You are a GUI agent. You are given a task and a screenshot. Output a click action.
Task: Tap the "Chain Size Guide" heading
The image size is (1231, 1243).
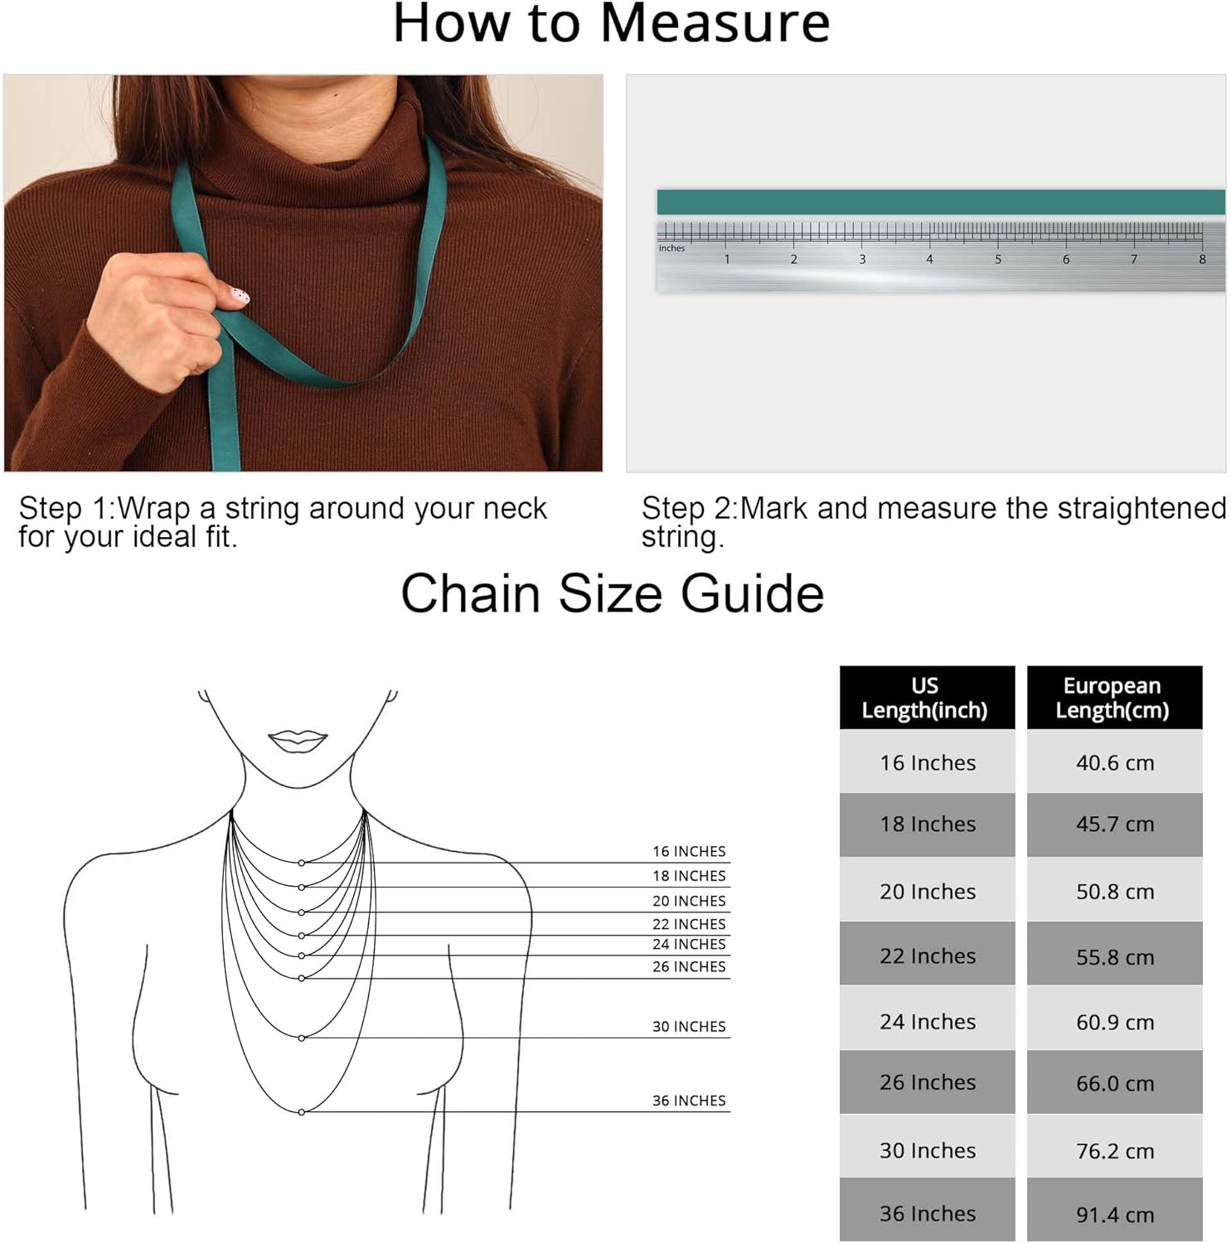[613, 594]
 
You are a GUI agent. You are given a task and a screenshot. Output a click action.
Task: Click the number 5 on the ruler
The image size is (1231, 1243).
[998, 259]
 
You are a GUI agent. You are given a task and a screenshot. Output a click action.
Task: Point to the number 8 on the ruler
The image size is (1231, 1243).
[1202, 259]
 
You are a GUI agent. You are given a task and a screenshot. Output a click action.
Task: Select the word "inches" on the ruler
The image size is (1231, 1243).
[671, 248]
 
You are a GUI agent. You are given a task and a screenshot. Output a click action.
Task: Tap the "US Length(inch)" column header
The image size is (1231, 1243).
[927, 698]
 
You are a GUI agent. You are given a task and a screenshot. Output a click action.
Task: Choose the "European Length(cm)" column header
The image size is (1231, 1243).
[1114, 698]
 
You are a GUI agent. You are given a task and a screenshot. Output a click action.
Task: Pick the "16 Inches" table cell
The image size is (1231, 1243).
[927, 762]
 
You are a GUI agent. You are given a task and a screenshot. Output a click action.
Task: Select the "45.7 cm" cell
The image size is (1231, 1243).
[1114, 825]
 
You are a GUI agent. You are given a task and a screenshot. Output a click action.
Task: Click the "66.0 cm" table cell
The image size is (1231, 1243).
[1114, 1082]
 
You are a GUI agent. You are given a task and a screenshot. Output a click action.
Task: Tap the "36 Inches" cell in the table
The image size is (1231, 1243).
[927, 1213]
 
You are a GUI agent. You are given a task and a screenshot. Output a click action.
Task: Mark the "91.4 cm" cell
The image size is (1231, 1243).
[1114, 1213]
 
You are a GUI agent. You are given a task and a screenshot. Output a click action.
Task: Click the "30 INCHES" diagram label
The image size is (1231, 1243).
[689, 1027]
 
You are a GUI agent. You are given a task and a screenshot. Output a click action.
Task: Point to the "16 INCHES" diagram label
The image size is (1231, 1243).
[689, 851]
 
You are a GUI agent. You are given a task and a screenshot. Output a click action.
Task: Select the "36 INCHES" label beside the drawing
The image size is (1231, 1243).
[689, 1100]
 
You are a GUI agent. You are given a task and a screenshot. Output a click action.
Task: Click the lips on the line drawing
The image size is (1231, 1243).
[298, 740]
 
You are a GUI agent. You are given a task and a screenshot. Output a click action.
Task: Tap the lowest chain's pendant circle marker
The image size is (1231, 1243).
[302, 1112]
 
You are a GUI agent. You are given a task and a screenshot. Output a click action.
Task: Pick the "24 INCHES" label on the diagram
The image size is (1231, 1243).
[689, 944]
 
